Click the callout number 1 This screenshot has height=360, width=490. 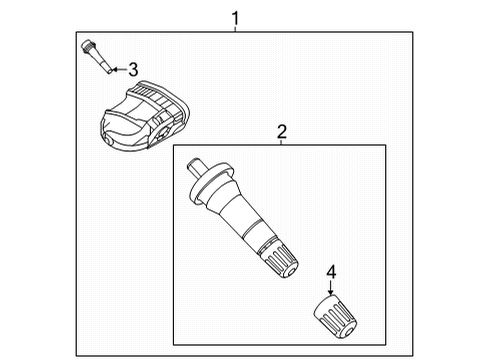[235, 18]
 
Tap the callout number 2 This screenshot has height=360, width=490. [282, 132]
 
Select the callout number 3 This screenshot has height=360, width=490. [133, 70]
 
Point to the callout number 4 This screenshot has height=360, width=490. [331, 272]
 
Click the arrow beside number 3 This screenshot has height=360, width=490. [119, 70]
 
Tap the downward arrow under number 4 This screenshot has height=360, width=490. [331, 288]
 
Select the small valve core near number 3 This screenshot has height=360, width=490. [97, 57]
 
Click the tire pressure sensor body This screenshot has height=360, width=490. [145, 115]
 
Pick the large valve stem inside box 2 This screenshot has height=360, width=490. [242, 218]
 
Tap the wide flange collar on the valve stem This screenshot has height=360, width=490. [211, 182]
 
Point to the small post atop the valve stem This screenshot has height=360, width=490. [196, 167]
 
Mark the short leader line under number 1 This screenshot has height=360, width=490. [235, 29]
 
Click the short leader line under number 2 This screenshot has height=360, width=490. [281, 142]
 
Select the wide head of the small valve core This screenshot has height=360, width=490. [88, 46]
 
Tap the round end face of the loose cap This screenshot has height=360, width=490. [349, 331]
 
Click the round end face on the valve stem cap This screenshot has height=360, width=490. [290, 271]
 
